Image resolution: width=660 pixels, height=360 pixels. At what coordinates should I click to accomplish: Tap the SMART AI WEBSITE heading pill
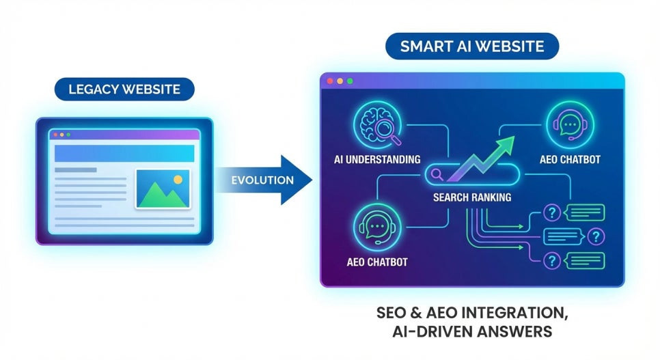(x=472, y=47)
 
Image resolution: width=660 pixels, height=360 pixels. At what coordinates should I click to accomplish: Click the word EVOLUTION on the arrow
(x=262, y=180)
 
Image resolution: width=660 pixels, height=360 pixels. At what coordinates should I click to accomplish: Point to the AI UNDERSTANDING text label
(x=376, y=160)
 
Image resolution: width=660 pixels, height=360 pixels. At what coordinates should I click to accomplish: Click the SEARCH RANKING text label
(x=472, y=197)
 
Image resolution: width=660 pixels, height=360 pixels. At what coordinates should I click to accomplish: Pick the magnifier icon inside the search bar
(x=437, y=176)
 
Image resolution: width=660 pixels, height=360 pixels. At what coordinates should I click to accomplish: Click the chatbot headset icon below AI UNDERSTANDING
(x=377, y=227)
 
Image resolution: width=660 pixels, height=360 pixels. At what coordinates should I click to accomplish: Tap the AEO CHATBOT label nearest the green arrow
(x=570, y=159)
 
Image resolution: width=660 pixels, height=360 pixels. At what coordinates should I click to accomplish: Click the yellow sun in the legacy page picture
(x=178, y=179)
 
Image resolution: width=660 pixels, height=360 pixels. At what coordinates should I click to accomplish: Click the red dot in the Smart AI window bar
(x=330, y=81)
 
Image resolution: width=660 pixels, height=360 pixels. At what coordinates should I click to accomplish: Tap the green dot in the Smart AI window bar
(x=350, y=81)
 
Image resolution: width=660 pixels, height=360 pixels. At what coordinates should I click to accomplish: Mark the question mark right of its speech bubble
(x=596, y=236)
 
